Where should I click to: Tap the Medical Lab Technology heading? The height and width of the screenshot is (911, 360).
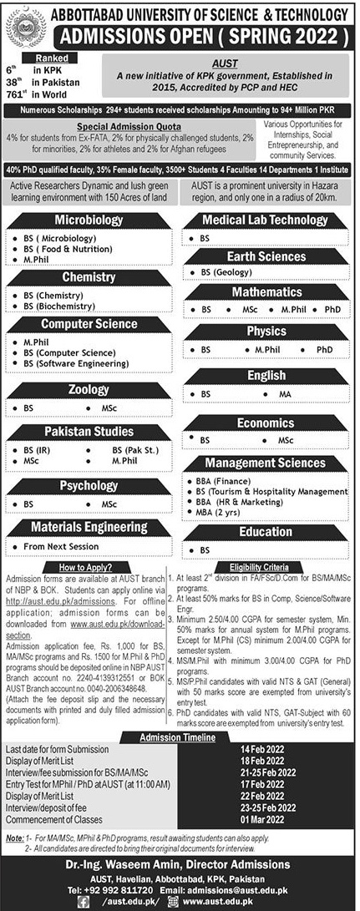(x=265, y=220)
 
